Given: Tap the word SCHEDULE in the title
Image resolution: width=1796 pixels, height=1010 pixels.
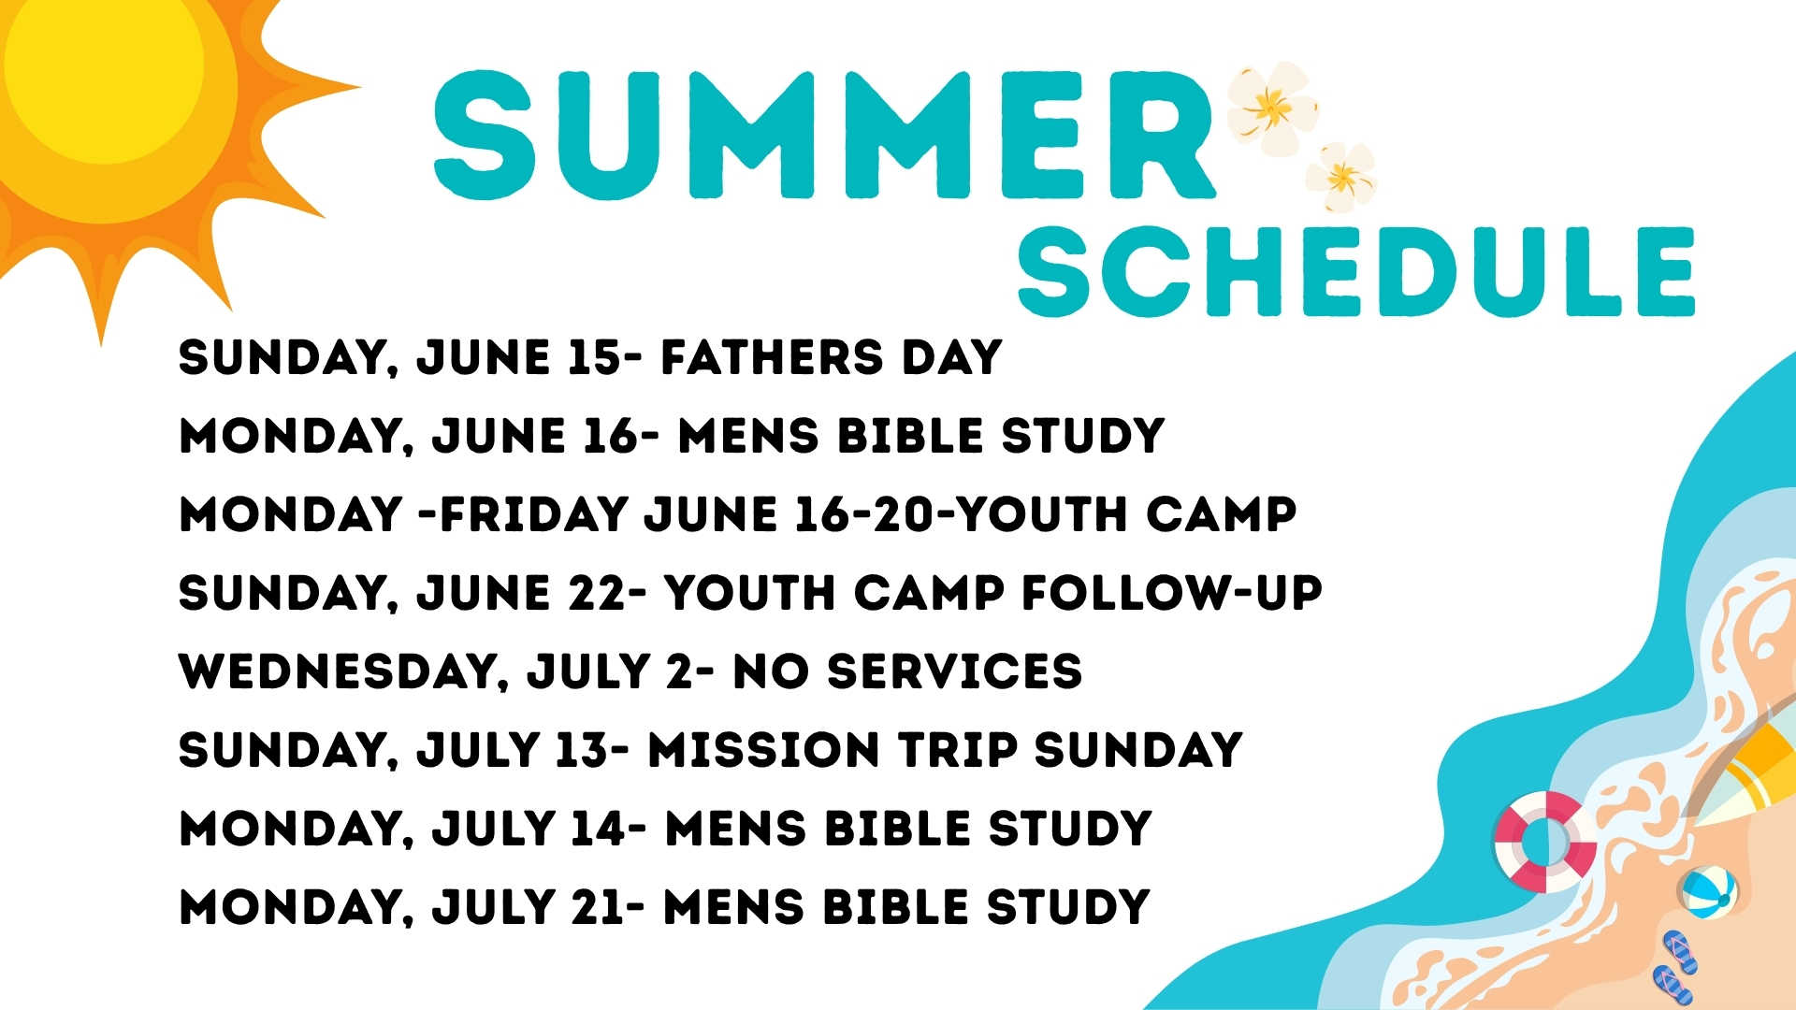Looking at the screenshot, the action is coord(1356,271).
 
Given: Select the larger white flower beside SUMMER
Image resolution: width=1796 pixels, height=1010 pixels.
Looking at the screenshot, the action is coord(1271,108).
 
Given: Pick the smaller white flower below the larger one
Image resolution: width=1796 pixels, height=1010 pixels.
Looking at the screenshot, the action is coord(1341,177).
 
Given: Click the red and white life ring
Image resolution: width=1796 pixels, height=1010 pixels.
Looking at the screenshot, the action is coord(1545,842).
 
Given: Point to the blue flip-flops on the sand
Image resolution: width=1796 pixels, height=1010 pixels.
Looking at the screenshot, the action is coord(1674,968).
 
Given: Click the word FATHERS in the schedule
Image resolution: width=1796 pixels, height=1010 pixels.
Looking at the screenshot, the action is coord(772,357).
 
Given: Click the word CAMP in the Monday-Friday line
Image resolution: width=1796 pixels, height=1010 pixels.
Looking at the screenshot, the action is coord(1222,514).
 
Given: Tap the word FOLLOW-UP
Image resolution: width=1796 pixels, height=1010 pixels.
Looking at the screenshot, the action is coord(1172,593).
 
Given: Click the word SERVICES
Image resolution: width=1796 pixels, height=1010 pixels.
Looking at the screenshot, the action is coord(955,671).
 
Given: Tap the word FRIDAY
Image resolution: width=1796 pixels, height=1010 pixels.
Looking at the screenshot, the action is coord(534,514).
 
